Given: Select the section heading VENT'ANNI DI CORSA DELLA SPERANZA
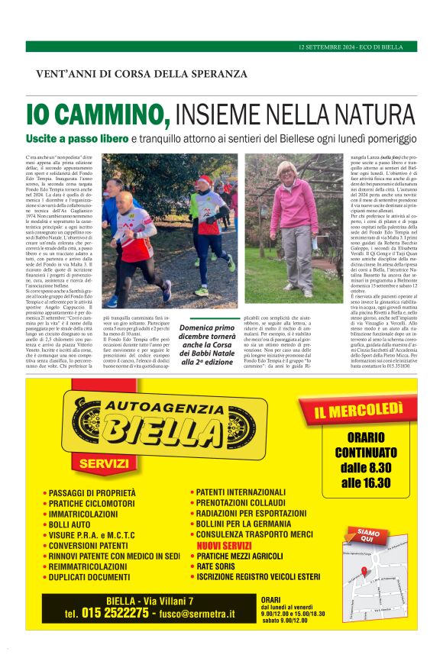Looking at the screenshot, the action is (141, 74).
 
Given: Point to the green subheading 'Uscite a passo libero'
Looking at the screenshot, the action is (87, 139).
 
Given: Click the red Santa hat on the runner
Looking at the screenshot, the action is (204, 180).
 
